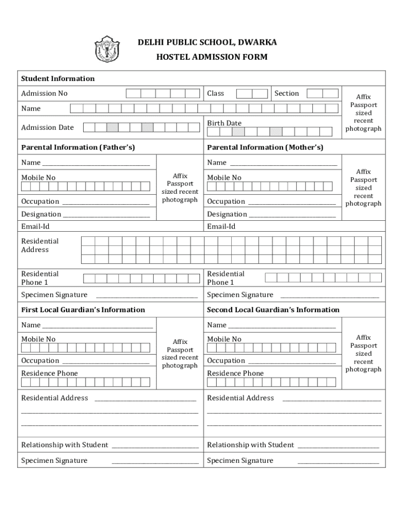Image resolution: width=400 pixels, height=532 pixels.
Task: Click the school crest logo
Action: (x=107, y=49)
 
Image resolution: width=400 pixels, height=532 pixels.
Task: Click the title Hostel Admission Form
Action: (x=212, y=57)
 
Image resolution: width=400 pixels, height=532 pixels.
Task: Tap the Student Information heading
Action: (x=58, y=78)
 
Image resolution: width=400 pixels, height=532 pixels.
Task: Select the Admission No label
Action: (x=44, y=94)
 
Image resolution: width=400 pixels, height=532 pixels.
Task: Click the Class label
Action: (x=216, y=94)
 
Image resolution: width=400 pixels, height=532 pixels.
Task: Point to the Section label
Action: (x=287, y=94)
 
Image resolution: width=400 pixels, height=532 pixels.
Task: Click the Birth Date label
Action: (x=224, y=123)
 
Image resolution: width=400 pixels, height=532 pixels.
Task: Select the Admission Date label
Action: (x=47, y=127)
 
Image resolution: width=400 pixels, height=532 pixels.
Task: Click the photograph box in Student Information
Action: (x=363, y=112)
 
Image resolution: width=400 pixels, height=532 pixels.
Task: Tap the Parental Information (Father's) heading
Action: (x=78, y=148)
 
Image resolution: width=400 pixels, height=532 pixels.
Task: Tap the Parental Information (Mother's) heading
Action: (x=265, y=148)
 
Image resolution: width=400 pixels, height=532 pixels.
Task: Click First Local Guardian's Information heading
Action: (x=83, y=310)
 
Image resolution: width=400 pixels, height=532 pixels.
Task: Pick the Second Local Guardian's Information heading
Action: (x=273, y=310)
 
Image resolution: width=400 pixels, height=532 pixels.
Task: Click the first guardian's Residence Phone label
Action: (x=49, y=373)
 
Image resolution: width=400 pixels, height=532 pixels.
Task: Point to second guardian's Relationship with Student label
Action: (x=250, y=445)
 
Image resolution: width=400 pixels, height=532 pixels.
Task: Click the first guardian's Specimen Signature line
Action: (x=155, y=462)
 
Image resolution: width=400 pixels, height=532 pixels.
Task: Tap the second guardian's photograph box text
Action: (x=363, y=353)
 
